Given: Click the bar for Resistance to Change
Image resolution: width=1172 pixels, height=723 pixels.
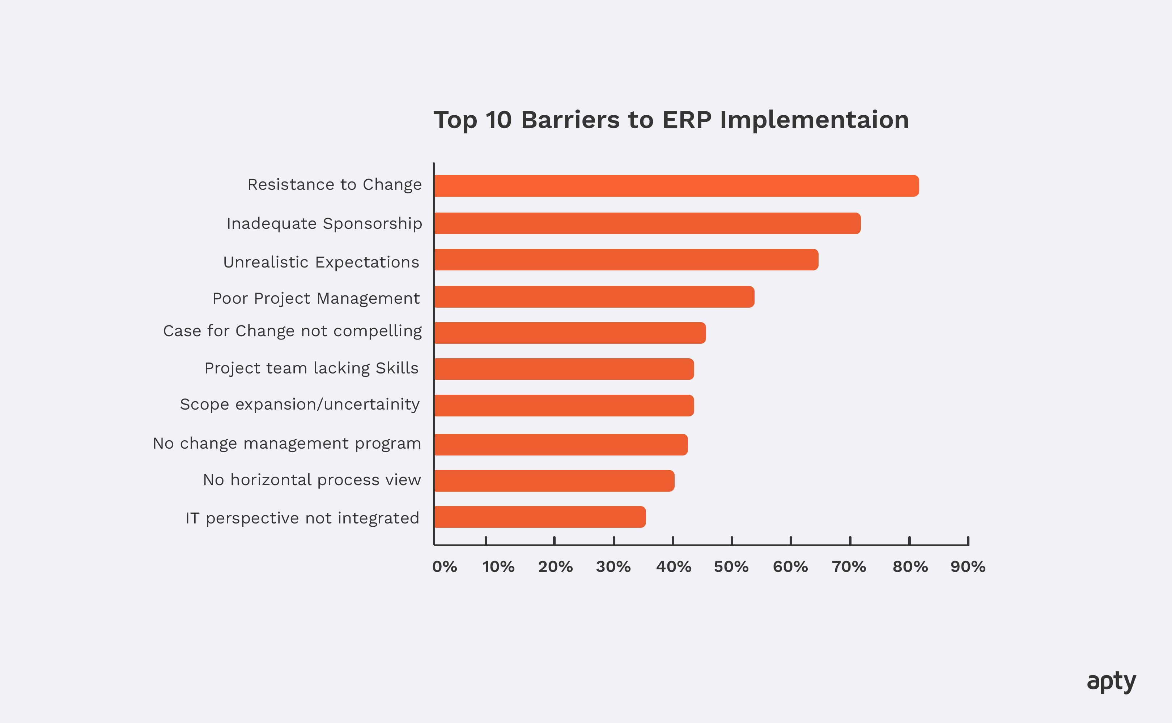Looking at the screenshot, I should (676, 186).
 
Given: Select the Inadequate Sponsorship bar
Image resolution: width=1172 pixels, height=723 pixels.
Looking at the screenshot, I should (647, 223).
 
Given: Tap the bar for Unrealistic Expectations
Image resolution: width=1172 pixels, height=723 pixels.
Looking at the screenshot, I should (626, 260).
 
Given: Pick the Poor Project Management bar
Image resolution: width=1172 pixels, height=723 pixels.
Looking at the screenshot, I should (594, 297).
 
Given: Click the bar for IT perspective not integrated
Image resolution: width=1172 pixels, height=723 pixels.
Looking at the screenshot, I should (540, 517).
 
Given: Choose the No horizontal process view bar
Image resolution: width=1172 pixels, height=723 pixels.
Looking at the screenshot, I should (554, 480).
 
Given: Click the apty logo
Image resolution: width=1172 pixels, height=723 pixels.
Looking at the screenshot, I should (1111, 681).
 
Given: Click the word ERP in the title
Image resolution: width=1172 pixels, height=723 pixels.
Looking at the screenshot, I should (687, 120).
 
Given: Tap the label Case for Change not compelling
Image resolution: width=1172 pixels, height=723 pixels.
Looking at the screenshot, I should (292, 331).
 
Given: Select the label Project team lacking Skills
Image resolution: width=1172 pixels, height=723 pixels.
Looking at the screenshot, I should (311, 368).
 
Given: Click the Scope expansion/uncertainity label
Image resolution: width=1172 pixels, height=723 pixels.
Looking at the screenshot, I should (300, 405).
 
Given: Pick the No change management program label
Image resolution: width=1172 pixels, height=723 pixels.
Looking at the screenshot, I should (287, 444).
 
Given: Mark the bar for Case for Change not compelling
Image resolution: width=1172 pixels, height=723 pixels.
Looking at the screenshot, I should (570, 333).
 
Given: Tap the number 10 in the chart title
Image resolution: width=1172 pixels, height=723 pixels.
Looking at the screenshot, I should (498, 120).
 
